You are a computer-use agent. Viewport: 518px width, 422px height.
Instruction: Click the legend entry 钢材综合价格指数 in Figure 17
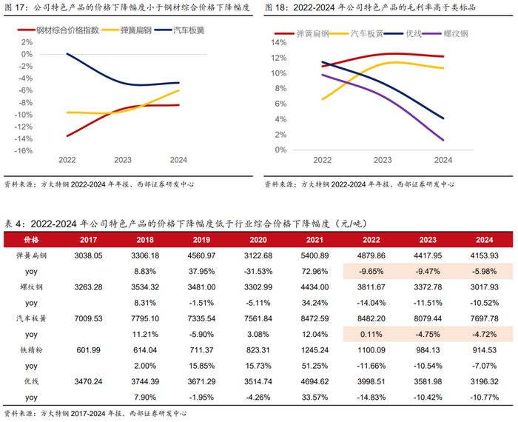coord(61,33)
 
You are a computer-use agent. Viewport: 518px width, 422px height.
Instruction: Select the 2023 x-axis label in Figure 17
coord(123,160)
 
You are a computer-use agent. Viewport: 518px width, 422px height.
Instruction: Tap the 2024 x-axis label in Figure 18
coord(443,160)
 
